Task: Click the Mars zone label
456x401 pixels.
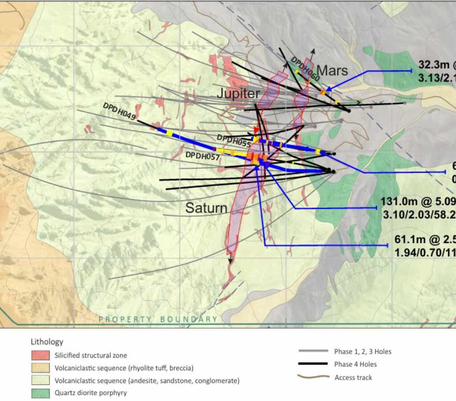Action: click(x=332, y=70)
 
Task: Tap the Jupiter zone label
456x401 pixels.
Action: click(x=238, y=94)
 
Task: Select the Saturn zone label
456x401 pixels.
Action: click(x=206, y=208)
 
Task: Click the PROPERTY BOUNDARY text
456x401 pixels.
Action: click(x=158, y=319)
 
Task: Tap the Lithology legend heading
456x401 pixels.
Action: click(x=47, y=342)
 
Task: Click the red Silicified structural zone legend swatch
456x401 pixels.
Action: click(x=40, y=356)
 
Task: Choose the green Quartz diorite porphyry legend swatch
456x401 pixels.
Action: click(x=40, y=393)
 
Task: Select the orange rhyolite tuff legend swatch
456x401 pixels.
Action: click(x=40, y=368)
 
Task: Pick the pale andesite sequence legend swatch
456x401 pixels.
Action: click(x=40, y=381)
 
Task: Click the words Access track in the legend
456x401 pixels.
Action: click(x=353, y=377)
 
